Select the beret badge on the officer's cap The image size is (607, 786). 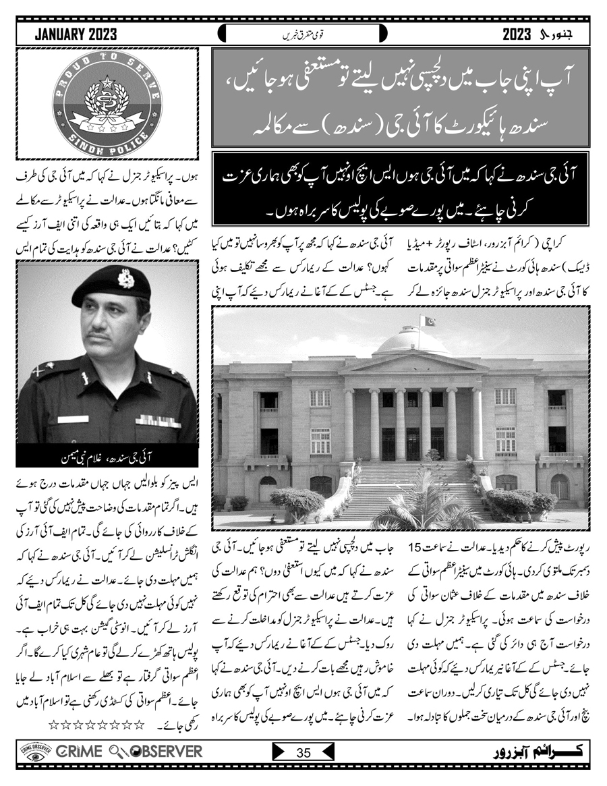point(125,278)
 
